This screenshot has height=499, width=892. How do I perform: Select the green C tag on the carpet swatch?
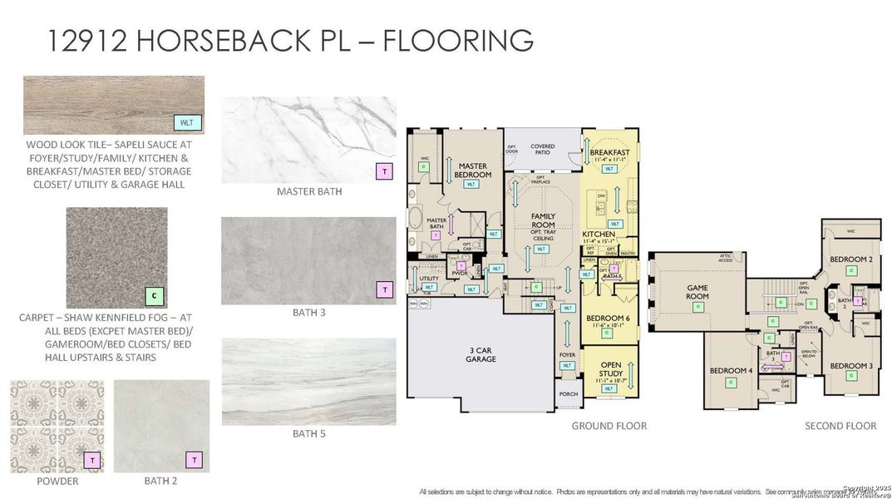(x=154, y=294)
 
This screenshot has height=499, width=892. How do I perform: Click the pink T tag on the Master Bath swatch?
(x=384, y=171)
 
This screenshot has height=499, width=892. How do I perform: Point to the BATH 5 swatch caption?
(x=308, y=433)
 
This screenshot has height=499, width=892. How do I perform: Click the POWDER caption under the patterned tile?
(x=57, y=482)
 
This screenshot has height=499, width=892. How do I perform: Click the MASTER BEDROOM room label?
(x=471, y=170)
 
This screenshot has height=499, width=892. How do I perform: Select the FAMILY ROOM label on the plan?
(x=542, y=220)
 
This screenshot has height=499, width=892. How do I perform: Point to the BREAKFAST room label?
(x=609, y=154)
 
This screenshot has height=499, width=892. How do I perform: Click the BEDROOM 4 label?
(x=731, y=370)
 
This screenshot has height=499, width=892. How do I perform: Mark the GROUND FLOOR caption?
(x=609, y=426)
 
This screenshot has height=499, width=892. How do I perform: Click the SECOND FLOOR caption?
(x=840, y=426)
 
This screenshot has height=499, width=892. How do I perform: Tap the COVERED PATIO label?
(x=542, y=150)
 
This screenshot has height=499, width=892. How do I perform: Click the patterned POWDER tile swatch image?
(x=57, y=426)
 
